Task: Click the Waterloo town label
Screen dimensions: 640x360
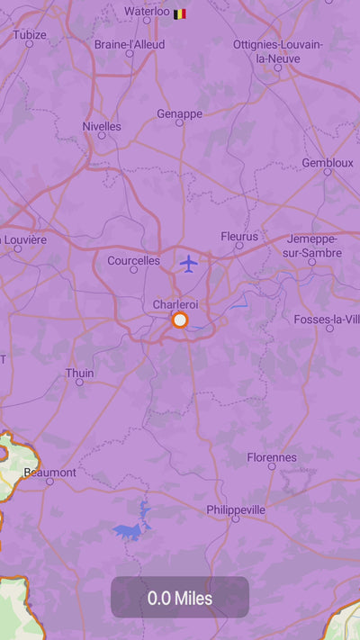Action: pos(147,12)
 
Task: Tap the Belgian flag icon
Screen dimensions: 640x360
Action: pos(180,14)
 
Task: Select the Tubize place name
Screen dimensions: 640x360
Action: pos(30,35)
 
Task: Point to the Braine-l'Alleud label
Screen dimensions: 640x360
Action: pos(128,43)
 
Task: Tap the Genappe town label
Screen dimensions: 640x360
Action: pos(179,113)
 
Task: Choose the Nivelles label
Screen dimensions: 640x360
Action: pos(101,126)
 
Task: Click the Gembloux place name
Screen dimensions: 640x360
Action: pos(328,163)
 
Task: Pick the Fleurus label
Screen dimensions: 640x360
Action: pos(239,236)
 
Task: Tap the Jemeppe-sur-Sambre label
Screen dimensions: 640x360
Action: pos(313,246)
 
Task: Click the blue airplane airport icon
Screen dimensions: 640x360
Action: pos(188,263)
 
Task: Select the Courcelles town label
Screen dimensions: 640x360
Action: pos(133,260)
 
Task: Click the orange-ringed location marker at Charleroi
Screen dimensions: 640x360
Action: pos(180,320)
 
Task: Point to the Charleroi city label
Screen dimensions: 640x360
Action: pos(175,304)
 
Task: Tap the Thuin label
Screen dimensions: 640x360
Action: pos(79,373)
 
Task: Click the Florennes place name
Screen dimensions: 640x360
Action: pos(272,457)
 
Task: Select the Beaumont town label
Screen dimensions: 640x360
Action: pos(49,472)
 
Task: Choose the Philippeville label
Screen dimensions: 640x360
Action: pos(236,509)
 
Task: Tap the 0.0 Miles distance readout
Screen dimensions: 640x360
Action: pos(180,598)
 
